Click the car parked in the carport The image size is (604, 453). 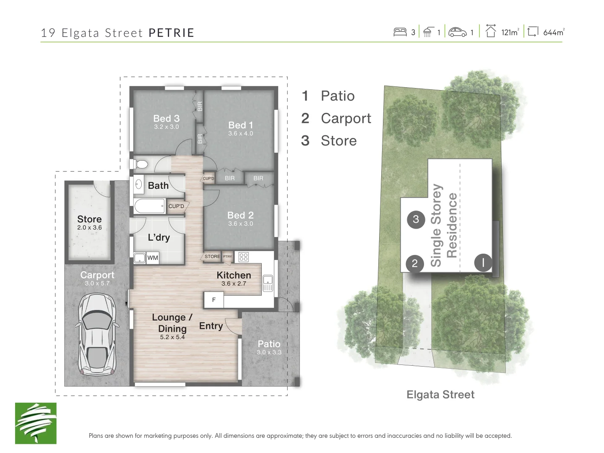(97, 334)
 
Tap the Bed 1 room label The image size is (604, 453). (240, 125)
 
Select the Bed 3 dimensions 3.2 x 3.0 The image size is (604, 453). (166, 127)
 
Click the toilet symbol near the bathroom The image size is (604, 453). (141, 164)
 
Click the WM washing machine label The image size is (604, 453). (152, 258)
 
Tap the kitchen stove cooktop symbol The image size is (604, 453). (244, 257)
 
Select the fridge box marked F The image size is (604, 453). (213, 300)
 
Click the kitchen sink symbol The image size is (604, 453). (268, 283)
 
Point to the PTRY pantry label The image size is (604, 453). (227, 256)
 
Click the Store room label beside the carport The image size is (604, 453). (89, 219)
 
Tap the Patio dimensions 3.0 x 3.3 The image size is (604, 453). (269, 352)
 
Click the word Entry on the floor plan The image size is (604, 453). (211, 326)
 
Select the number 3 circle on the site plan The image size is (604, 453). (416, 219)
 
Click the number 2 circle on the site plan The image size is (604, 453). (415, 263)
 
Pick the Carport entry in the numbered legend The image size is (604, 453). (336, 118)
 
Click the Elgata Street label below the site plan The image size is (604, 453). (440, 395)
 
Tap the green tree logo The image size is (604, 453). (36, 423)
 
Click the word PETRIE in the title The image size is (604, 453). (172, 33)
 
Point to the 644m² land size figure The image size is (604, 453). (554, 32)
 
